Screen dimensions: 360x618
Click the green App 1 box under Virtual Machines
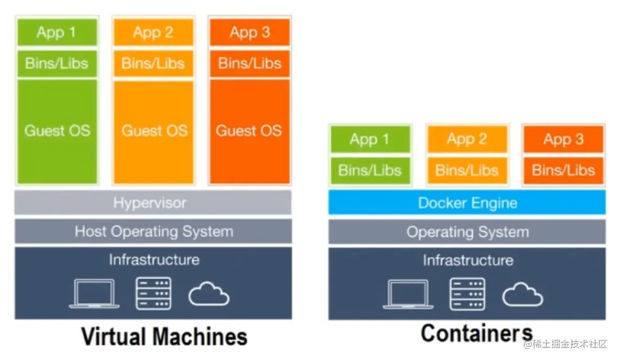pyautogui.click(x=56, y=32)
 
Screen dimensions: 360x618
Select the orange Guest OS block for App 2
pyautogui.click(x=154, y=131)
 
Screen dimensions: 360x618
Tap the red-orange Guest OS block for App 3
pyautogui.click(x=249, y=131)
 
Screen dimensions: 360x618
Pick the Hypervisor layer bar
pyautogui.click(x=153, y=203)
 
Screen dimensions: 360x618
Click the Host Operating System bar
pyautogui.click(x=153, y=231)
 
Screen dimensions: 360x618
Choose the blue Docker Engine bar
pyautogui.click(x=467, y=203)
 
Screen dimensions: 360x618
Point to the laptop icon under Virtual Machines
pyautogui.click(x=95, y=294)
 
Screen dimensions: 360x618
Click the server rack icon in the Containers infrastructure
pyautogui.click(x=467, y=294)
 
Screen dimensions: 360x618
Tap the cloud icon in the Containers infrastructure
pyautogui.click(x=522, y=295)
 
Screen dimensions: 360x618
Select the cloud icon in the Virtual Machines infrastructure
pyautogui.click(x=209, y=295)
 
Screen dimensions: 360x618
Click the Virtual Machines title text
pyautogui.click(x=164, y=336)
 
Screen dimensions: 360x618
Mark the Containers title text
pyautogui.click(x=476, y=333)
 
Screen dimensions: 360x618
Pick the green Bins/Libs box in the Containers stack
pyautogui.click(x=370, y=170)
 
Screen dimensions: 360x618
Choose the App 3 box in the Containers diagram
pyautogui.click(x=563, y=140)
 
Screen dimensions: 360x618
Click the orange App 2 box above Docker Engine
pyautogui.click(x=467, y=140)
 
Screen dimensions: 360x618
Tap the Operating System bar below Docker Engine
pyautogui.click(x=467, y=231)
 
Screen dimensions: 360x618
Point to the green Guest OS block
pyautogui.click(x=57, y=131)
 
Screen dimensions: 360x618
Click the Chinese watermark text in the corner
pyautogui.click(x=566, y=344)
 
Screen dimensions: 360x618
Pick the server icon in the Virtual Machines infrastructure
pyautogui.click(x=153, y=294)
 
